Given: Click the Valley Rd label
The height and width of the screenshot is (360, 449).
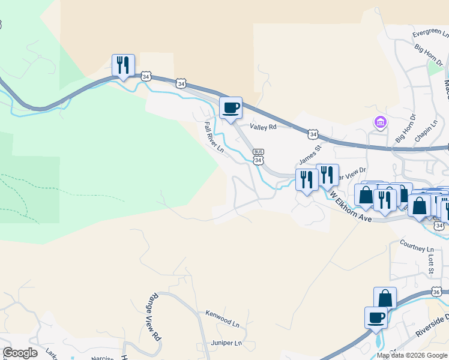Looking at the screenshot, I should (264, 127).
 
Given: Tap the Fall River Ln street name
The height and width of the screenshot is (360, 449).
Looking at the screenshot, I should (214, 137).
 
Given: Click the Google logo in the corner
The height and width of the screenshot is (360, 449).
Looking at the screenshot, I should (20, 353).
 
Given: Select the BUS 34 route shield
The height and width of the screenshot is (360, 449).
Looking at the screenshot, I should (259, 157).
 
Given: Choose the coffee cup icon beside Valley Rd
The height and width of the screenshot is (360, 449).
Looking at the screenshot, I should (231, 108).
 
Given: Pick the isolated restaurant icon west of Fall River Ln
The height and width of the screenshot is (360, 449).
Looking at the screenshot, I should (123, 65).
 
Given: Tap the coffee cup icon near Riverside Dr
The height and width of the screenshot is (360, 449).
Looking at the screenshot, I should (376, 317).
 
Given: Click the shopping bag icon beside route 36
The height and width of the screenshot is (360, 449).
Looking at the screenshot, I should (385, 298).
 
